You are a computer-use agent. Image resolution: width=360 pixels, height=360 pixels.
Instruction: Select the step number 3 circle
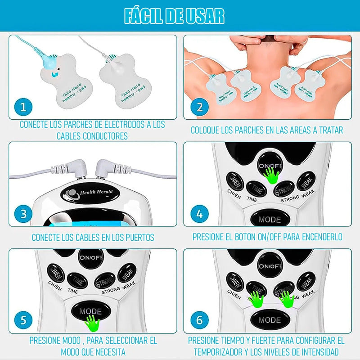click(x=23, y=213)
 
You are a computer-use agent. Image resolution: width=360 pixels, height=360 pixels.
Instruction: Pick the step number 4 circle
click(x=199, y=213)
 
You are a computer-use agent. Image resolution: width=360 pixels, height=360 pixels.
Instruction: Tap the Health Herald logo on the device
click(x=90, y=193)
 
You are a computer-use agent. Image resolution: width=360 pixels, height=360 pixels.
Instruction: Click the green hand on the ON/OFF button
click(x=271, y=174)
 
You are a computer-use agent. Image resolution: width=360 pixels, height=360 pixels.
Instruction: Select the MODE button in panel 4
click(x=270, y=220)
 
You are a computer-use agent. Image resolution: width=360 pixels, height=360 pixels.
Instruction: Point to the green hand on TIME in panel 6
click(x=257, y=299)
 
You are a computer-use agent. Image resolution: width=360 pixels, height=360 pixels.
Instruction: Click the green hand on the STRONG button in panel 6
click(x=286, y=299)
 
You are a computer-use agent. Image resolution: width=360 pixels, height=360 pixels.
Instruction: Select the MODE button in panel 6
click(x=270, y=320)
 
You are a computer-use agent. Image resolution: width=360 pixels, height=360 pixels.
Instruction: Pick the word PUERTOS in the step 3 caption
click(x=137, y=237)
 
